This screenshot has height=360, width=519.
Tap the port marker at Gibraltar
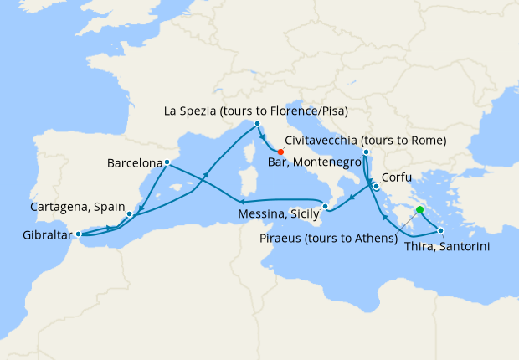(x=77, y=234)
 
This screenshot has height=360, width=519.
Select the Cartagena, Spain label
(x=77, y=206)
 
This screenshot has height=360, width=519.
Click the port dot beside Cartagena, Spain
(x=129, y=214)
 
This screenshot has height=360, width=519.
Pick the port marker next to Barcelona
(x=167, y=162)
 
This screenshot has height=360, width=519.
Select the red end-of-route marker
(x=280, y=152)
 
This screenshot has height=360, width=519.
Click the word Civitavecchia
(x=322, y=140)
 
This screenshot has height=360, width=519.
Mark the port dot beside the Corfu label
(x=377, y=187)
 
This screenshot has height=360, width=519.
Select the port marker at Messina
(x=326, y=205)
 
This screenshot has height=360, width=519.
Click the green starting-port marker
(x=419, y=211)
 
